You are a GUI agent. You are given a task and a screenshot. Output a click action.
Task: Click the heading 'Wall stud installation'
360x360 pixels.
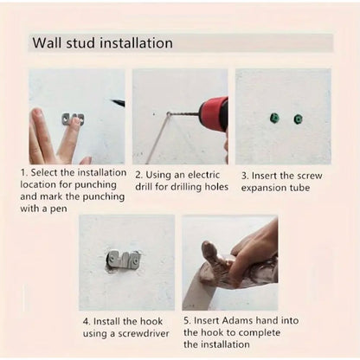[x=102, y=43]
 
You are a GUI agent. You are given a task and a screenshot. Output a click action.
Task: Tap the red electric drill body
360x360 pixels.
[x=212, y=112]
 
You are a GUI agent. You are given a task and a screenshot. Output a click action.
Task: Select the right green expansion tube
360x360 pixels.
[x=298, y=119]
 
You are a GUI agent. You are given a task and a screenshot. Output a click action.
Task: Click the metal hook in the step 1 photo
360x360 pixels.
[x=74, y=118]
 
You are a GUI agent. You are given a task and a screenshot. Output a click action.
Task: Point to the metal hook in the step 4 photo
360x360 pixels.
[x=125, y=260]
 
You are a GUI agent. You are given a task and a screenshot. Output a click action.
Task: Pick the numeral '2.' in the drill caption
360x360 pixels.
[x=138, y=174]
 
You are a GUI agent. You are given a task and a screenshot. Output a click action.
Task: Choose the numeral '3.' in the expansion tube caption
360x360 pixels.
[x=245, y=174]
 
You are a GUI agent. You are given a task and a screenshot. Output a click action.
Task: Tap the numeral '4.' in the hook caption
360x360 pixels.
[x=84, y=321]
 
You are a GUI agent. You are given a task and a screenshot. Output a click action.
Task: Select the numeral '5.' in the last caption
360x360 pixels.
[x=188, y=321]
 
